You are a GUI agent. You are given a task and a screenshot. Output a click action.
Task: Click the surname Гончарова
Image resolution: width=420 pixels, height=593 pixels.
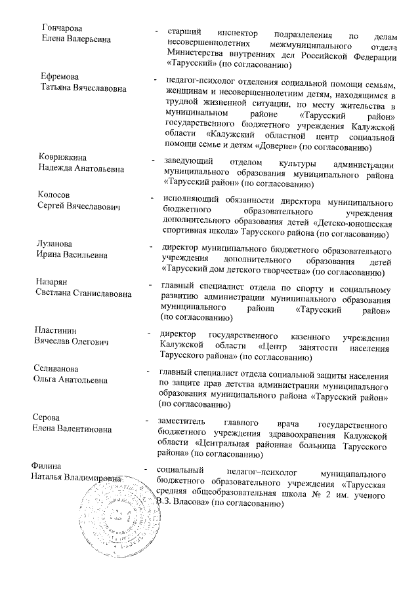[62, 28]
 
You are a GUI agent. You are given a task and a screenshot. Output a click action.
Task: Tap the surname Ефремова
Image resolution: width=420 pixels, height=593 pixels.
[59, 76]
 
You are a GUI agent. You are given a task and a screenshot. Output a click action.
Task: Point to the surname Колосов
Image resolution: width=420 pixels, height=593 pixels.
[54, 196]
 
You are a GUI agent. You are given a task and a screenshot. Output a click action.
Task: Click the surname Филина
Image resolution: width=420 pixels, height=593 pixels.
[47, 466]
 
